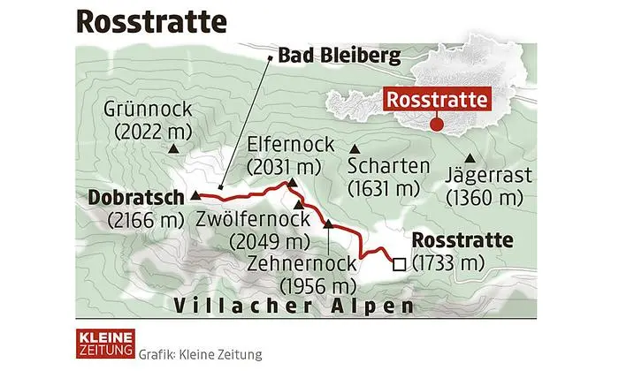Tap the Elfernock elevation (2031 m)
click(282, 164)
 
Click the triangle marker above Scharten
click(355, 148)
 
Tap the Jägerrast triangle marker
click(483, 156)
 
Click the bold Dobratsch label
click(135, 198)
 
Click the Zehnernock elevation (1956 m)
click(317, 284)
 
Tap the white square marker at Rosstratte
click(399, 262)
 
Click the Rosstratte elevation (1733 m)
click(450, 262)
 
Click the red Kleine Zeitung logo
click(102, 344)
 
